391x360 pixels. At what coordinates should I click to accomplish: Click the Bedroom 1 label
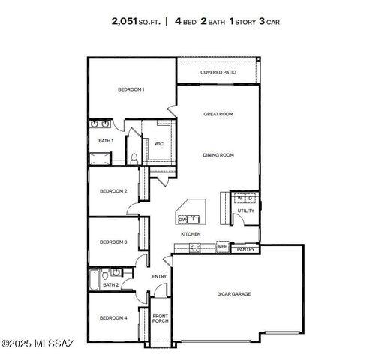pyautogui.click(x=131, y=89)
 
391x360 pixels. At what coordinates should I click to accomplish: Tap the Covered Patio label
pyautogui.click(x=218, y=73)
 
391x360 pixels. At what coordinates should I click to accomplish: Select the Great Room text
pyautogui.click(x=218, y=114)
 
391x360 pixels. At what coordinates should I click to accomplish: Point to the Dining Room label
pyautogui.click(x=218, y=155)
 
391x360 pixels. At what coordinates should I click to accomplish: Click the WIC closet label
pyautogui.click(x=159, y=143)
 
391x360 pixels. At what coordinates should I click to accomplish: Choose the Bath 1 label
pyautogui.click(x=106, y=140)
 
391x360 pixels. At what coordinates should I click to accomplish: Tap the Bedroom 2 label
pyautogui.click(x=114, y=191)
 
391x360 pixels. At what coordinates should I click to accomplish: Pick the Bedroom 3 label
pyautogui.click(x=114, y=241)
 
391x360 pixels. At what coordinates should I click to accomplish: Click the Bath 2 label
pyautogui.click(x=110, y=284)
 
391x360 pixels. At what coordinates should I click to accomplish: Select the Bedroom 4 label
pyautogui.click(x=114, y=318)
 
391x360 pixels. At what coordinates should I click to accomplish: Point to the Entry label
pyautogui.click(x=160, y=276)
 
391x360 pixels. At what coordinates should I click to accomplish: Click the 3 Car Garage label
pyautogui.click(x=234, y=294)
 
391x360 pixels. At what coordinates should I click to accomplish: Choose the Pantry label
pyautogui.click(x=245, y=249)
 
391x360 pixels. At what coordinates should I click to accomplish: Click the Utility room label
pyautogui.click(x=245, y=211)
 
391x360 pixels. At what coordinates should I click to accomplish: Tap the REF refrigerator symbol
pyautogui.click(x=222, y=245)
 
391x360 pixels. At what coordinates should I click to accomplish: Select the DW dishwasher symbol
pyautogui.click(x=182, y=220)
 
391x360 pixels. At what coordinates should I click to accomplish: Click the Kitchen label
pyautogui.click(x=190, y=234)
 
